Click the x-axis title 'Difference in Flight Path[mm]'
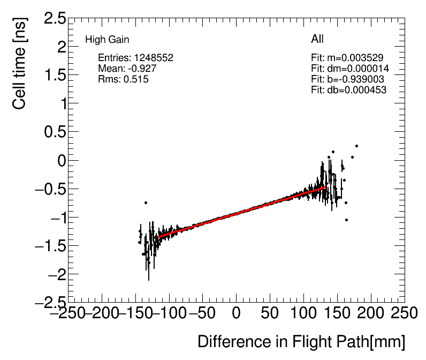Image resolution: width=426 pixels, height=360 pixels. pos(301,342)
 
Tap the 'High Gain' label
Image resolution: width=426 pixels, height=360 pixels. pos(107,40)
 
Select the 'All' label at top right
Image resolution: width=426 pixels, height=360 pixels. pos(317,39)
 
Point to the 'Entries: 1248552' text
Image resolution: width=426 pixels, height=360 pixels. pos(135,58)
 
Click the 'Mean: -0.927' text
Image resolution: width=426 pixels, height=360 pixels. pos(127,69)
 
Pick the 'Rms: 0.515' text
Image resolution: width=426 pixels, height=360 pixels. pos(123,79)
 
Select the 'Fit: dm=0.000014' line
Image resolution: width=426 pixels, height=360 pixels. pos(349,69)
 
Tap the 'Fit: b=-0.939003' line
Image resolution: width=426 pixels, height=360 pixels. pos(348,79)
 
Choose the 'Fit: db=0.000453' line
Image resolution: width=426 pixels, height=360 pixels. pos(348,90)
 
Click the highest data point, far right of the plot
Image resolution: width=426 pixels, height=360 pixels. pos(356,146)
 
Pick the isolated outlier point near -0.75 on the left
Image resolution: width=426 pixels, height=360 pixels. pos(146,202)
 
